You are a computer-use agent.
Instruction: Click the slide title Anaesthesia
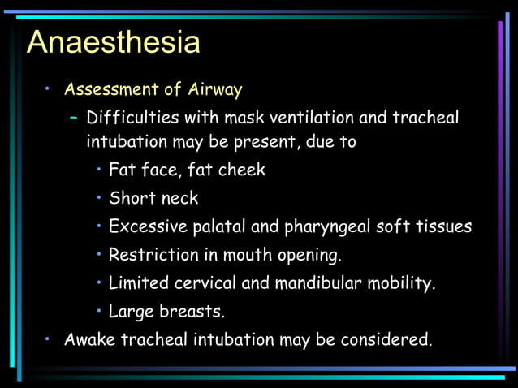pyautogui.click(x=113, y=41)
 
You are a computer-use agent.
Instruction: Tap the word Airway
pyautogui.click(x=217, y=88)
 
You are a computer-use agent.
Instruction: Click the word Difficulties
pyautogui.click(x=132, y=118)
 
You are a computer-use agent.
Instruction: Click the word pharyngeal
pyautogui.click(x=325, y=227)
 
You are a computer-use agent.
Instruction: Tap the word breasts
pyautogui.click(x=193, y=312)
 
